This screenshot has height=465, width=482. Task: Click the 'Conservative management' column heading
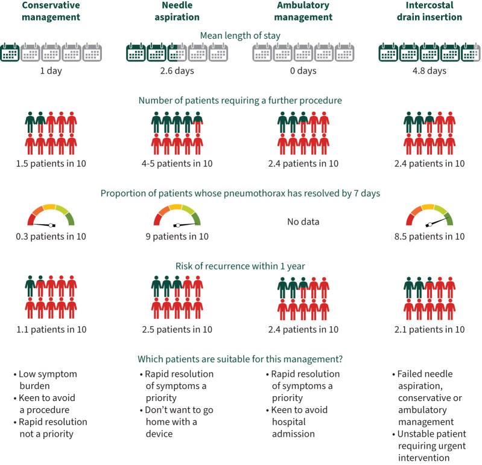(x=51, y=11)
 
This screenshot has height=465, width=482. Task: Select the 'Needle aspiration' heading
(x=177, y=11)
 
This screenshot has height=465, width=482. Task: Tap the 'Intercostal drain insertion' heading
(x=430, y=11)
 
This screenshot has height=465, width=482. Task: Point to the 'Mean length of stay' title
(x=240, y=36)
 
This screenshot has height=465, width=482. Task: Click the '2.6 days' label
(x=177, y=71)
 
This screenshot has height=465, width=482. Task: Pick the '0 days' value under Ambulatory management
(x=303, y=71)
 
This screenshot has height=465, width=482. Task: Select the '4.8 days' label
(x=430, y=71)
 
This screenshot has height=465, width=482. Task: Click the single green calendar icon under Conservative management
(x=10, y=53)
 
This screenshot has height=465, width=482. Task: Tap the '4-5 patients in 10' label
(x=177, y=164)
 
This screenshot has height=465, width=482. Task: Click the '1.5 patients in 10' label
(x=51, y=164)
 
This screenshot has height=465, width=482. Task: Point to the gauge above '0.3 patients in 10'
(x=51, y=216)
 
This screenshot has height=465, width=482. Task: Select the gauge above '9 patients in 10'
(x=177, y=216)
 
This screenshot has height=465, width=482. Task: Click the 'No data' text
(x=303, y=222)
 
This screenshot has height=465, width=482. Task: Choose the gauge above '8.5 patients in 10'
(x=430, y=216)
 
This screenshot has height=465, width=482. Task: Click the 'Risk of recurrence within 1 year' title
(x=240, y=266)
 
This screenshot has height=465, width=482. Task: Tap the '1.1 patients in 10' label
(x=51, y=329)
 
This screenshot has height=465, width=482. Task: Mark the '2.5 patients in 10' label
(x=177, y=329)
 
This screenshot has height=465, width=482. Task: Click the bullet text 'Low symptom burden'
(x=45, y=380)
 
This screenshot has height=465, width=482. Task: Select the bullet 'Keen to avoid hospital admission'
(x=297, y=422)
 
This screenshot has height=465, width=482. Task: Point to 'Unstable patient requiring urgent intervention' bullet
(x=430, y=446)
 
